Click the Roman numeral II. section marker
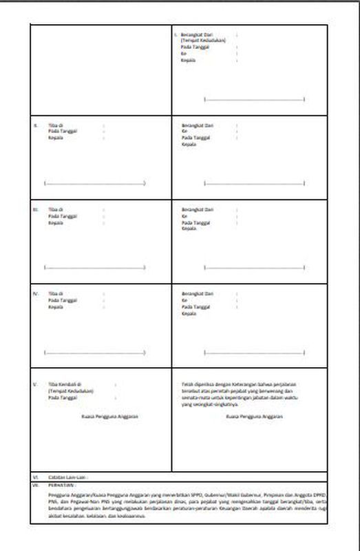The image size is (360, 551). tap(35, 125)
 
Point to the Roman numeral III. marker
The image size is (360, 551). tap(36, 209)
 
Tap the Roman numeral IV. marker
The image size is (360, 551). tap(36, 294)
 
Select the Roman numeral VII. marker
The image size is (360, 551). tap(36, 485)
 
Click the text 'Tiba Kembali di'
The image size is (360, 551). tap(65, 384)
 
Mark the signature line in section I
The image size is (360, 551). tap(255, 100)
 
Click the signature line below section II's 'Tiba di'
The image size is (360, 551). tap(94, 184)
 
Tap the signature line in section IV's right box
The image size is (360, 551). tap(255, 353)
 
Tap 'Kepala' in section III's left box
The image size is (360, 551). tap(56, 222)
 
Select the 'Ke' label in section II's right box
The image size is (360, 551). tap(184, 132)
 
